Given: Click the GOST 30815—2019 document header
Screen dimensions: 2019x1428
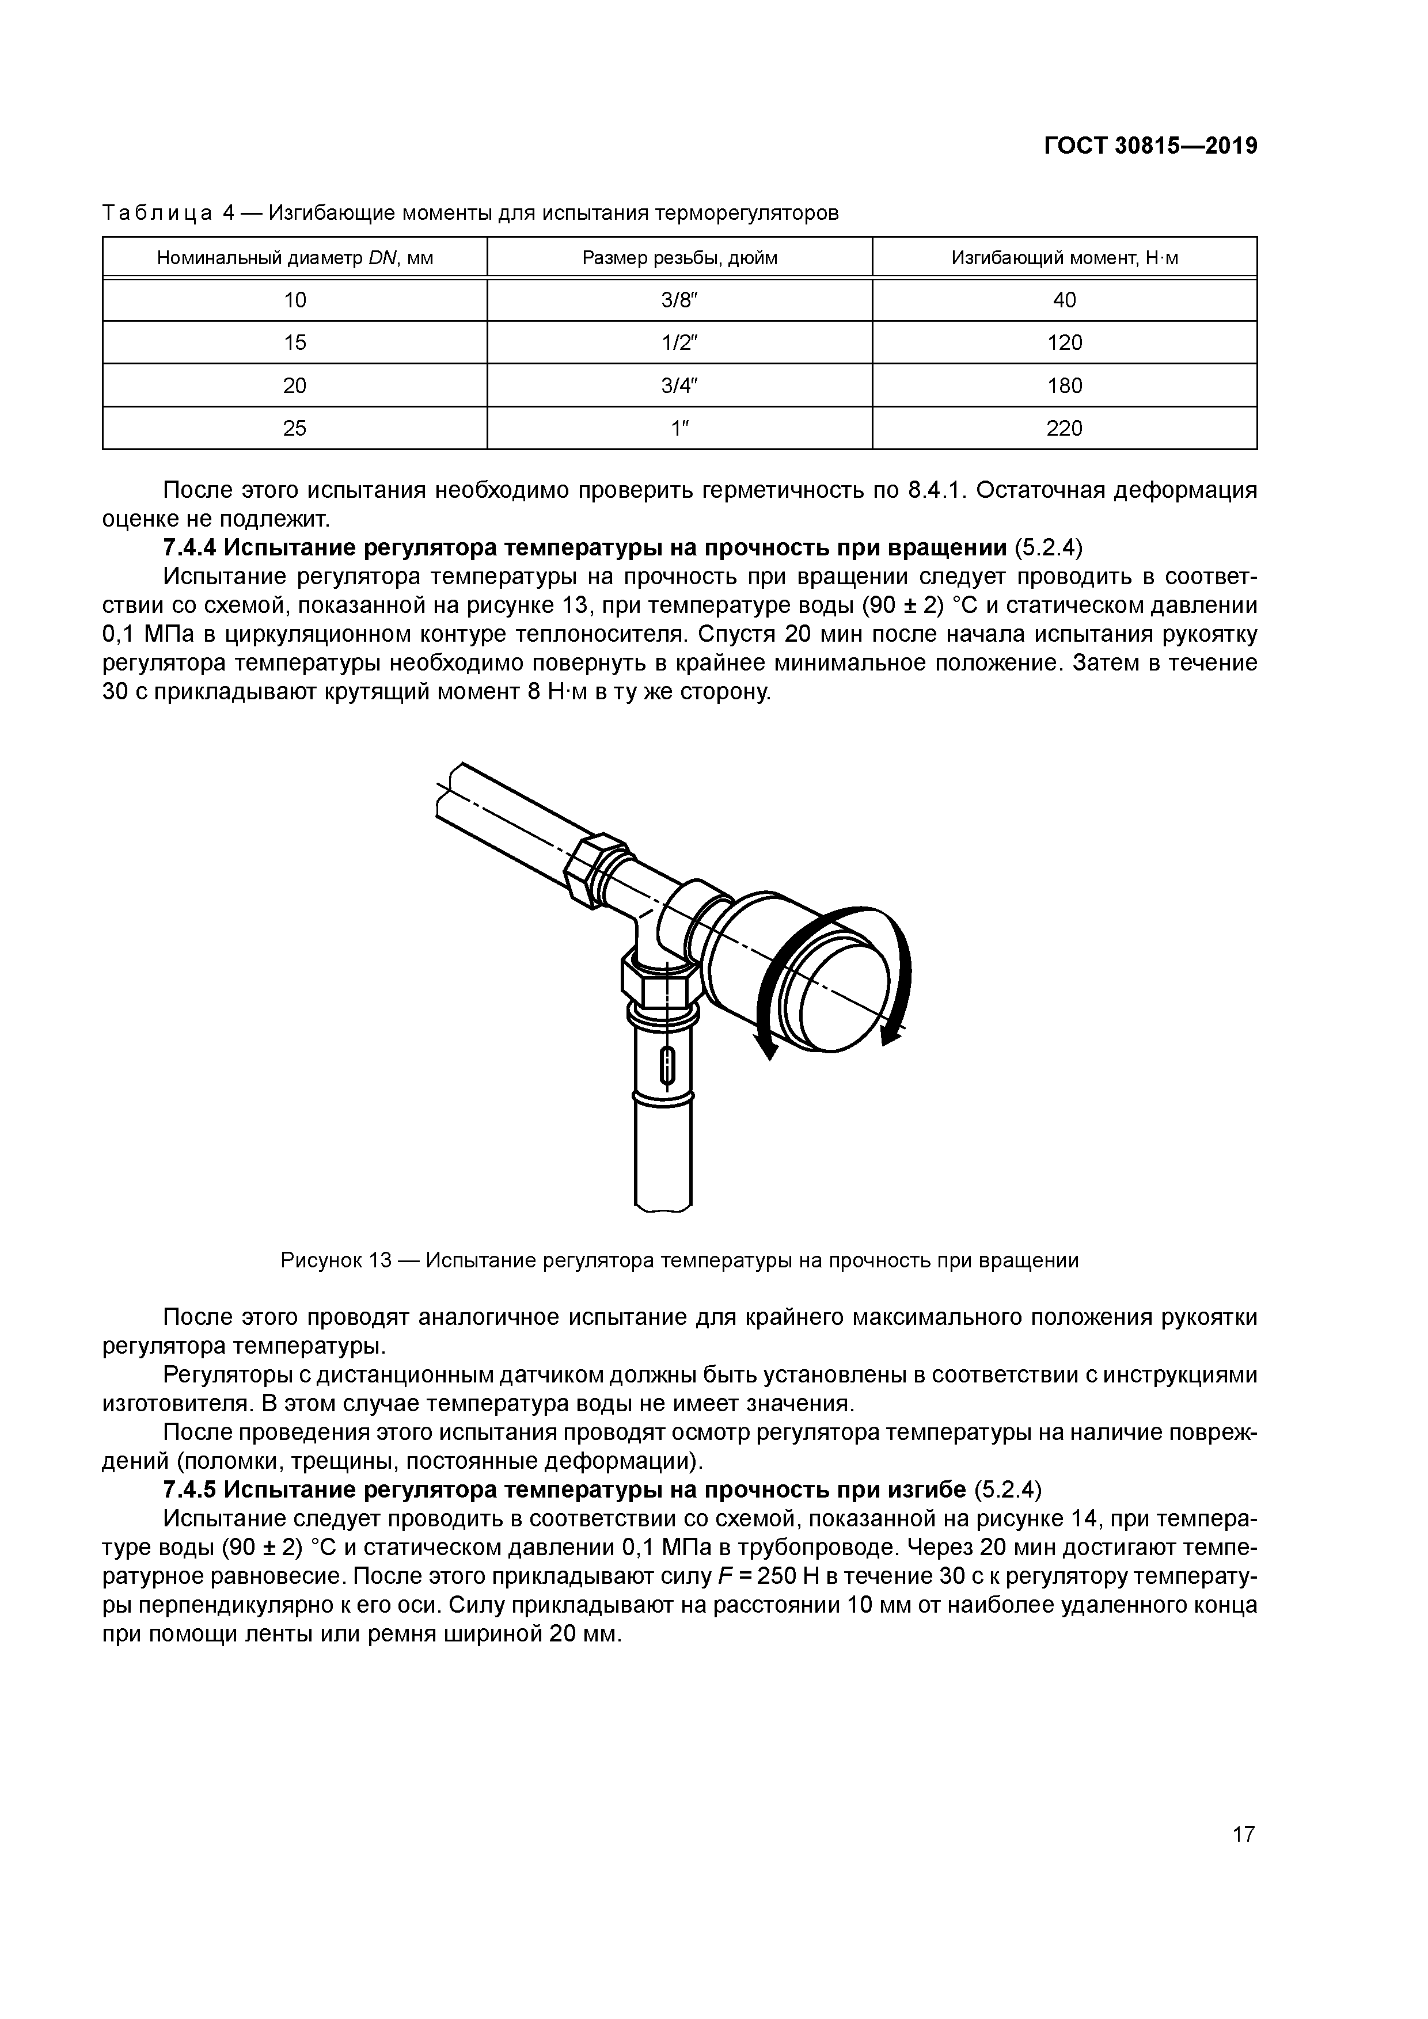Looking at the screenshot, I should [x=1150, y=146].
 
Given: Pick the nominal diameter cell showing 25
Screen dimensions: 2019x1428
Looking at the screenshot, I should [x=295, y=428].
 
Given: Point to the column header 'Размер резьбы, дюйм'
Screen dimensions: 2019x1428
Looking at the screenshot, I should [x=679, y=258].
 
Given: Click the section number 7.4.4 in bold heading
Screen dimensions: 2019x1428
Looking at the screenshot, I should [x=189, y=548].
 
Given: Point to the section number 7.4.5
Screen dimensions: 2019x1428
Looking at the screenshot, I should [x=189, y=1490].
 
